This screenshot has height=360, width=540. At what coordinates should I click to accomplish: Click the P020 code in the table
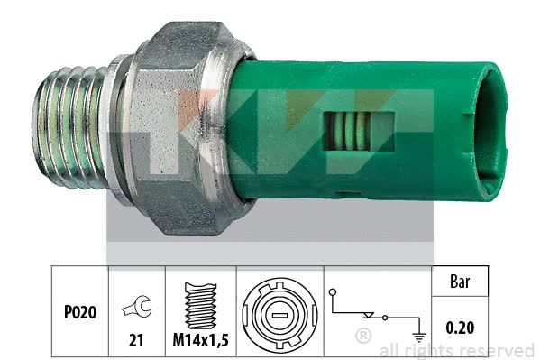click(80, 312)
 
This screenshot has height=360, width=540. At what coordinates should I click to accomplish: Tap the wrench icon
click(137, 307)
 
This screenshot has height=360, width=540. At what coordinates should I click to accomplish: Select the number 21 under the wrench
click(136, 341)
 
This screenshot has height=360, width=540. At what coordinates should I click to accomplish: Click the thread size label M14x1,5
click(200, 341)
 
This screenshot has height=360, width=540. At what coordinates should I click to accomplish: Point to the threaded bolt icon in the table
click(200, 306)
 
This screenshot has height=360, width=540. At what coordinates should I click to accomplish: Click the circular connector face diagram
click(279, 315)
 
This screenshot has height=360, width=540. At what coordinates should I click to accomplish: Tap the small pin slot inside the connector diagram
click(279, 315)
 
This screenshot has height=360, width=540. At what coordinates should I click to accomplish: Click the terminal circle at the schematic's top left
click(333, 292)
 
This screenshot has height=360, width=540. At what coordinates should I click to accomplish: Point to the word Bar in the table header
click(460, 282)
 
